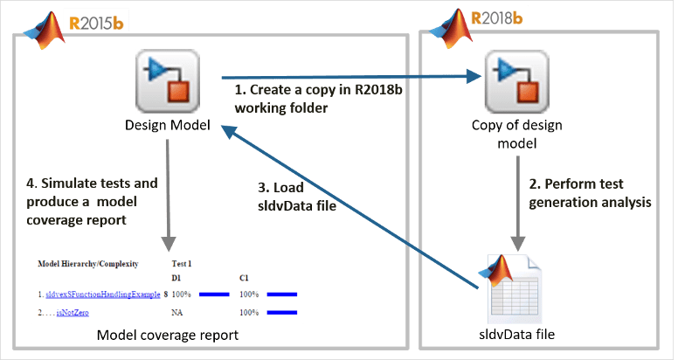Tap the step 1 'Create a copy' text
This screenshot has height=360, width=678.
point(289,99)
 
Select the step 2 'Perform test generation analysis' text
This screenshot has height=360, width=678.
point(591,194)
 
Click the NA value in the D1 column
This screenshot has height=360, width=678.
point(176,312)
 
